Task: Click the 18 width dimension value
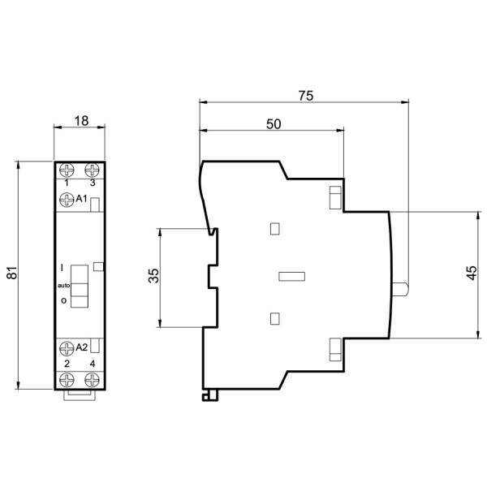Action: (80, 120)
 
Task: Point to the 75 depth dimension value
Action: (305, 95)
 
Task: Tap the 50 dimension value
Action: (274, 123)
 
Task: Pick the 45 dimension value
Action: (472, 274)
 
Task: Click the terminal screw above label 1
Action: (67, 170)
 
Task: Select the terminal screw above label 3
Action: (93, 170)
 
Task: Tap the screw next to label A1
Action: (67, 197)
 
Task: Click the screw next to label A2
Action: (67, 348)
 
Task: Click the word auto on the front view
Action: (63, 286)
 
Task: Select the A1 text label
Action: (82, 197)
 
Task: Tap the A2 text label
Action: (82, 348)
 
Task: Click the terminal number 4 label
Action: (93, 363)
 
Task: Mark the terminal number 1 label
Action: (67, 183)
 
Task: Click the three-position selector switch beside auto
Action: (79, 286)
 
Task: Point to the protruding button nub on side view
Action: (400, 288)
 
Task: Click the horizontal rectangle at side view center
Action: (290, 276)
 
